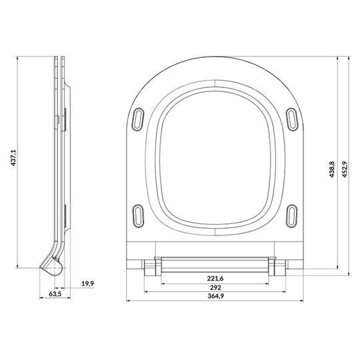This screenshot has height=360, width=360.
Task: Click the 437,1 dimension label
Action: [13, 158]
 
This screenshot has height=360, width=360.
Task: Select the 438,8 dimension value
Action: [332, 169]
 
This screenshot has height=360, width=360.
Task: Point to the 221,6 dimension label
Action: [215, 279]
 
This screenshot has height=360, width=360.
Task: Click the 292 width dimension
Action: [215, 287]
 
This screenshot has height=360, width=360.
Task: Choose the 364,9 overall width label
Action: [215, 296]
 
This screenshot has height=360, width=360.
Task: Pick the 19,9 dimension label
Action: [88, 284]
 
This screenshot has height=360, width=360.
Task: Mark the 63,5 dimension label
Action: [55, 293]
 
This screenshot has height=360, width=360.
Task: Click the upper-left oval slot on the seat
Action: [138, 119]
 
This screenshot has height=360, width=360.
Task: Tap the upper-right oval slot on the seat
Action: [292, 119]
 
